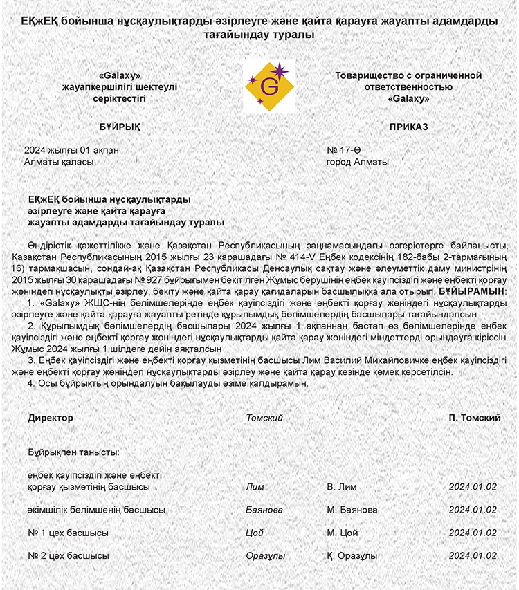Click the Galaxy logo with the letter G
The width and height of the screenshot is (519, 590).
coord(270,86)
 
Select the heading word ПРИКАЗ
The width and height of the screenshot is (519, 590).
coord(408,127)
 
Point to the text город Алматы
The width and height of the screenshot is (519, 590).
coord(357,162)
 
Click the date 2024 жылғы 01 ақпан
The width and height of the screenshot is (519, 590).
coord(62,150)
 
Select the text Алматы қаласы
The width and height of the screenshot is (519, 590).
coord(58,162)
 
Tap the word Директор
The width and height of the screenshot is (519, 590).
coord(50,418)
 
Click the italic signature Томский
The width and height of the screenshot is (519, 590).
coord(264,418)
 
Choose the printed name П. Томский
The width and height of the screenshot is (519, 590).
coord(475,418)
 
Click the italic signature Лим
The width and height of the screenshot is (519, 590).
coord(255,486)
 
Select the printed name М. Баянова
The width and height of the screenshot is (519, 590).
coord(352,510)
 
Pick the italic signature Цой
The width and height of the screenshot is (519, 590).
coord(255,533)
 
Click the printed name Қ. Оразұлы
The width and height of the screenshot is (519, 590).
coord(352,555)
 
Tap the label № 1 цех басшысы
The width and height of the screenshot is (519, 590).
coord(68,533)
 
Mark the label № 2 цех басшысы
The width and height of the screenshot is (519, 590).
coord(68,555)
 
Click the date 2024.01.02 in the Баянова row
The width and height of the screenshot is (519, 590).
coord(473,510)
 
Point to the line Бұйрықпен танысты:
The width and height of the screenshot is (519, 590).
coord(74,452)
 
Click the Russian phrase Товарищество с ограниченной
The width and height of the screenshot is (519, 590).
coord(408,75)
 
